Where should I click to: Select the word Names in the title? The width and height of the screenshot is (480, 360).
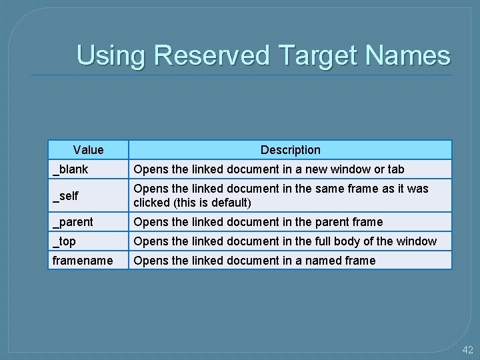click(410, 55)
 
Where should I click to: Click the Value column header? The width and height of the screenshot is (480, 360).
click(89, 150)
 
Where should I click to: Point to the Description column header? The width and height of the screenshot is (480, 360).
click(290, 150)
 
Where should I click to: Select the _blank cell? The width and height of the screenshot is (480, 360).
click(71, 169)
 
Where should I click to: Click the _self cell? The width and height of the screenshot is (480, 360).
click(66, 195)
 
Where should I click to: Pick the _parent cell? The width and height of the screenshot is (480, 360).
click(73, 221)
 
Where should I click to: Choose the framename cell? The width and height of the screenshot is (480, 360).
click(83, 260)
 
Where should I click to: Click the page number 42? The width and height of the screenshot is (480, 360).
click(467, 349)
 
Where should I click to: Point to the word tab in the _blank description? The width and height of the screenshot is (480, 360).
click(395, 169)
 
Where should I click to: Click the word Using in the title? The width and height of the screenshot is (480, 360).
click(111, 55)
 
